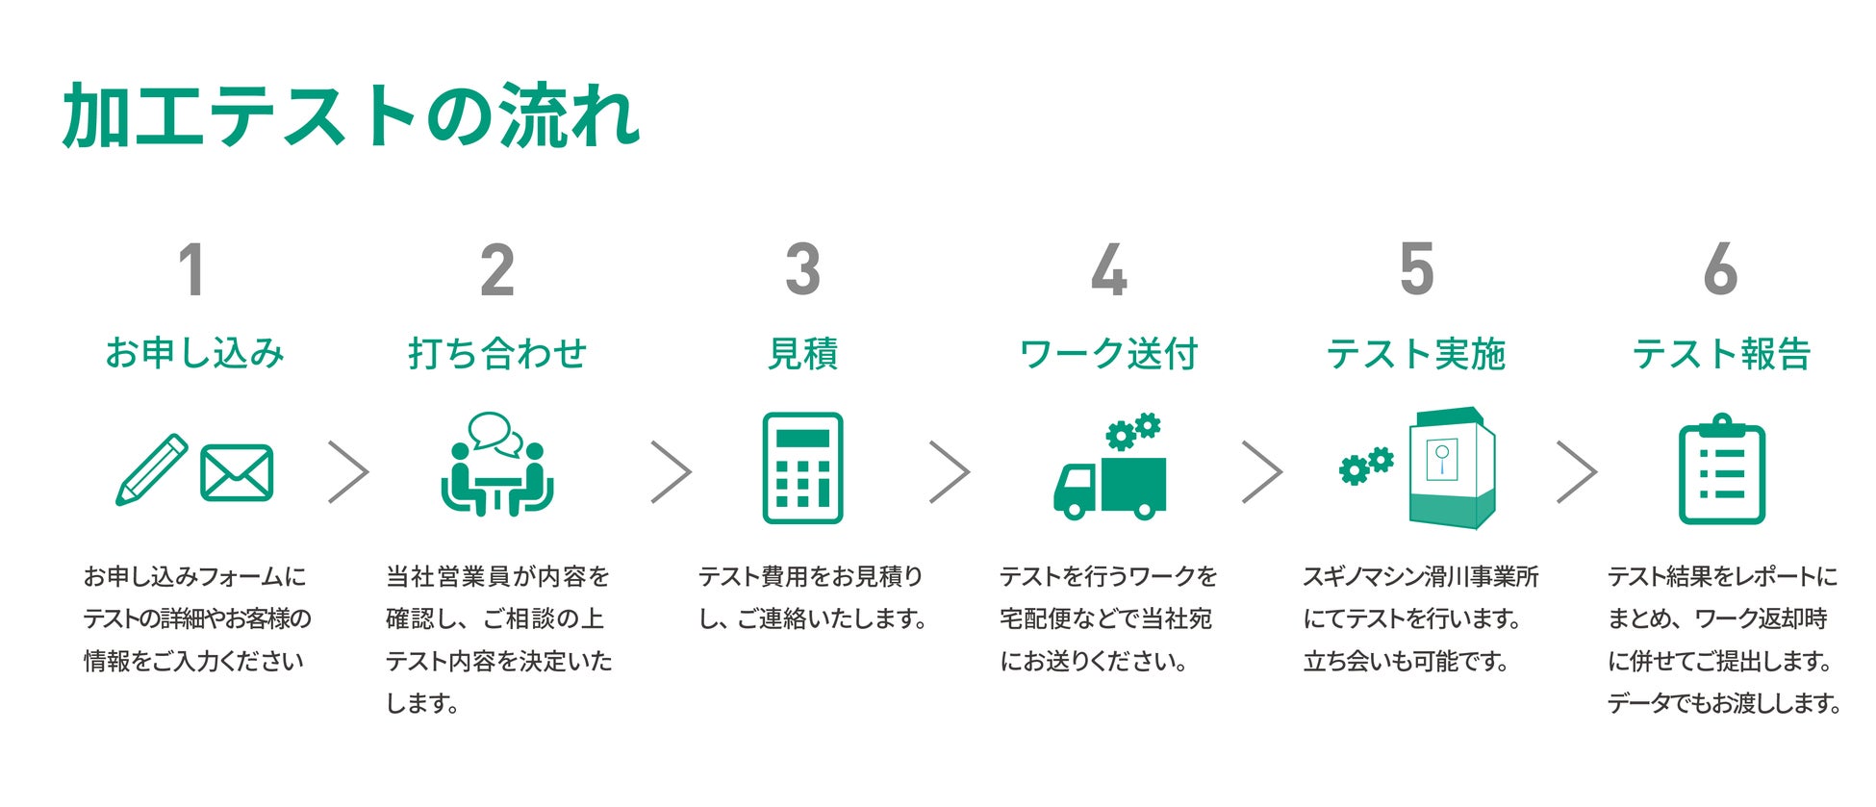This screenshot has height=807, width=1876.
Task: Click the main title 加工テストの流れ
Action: [x=351, y=115]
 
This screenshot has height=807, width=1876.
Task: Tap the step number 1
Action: [x=191, y=270]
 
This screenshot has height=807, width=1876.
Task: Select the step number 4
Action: [x=1108, y=270]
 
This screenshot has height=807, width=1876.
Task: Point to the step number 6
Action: [x=1720, y=270]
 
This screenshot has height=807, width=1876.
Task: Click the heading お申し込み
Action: [x=194, y=354]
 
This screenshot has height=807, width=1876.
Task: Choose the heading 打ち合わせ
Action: [x=497, y=354]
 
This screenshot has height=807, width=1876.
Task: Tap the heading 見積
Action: [x=802, y=354]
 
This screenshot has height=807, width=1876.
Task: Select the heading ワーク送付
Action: [x=1108, y=354]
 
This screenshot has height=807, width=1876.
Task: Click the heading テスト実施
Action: [x=1415, y=354]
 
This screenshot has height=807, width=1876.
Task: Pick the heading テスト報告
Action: [x=1721, y=354]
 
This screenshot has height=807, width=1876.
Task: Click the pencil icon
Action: [x=151, y=470]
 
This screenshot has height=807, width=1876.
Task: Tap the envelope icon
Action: [x=237, y=472]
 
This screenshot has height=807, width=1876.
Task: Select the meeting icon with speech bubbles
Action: [x=497, y=466]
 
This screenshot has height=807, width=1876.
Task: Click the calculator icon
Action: [x=802, y=468]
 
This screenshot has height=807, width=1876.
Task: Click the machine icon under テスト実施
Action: [x=1451, y=468]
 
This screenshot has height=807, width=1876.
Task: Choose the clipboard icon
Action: [x=1721, y=470]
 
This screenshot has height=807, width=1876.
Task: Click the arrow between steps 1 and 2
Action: [x=348, y=471]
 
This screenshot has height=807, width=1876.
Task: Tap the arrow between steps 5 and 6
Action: [x=1576, y=471]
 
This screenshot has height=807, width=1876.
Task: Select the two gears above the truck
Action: [x=1133, y=432]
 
